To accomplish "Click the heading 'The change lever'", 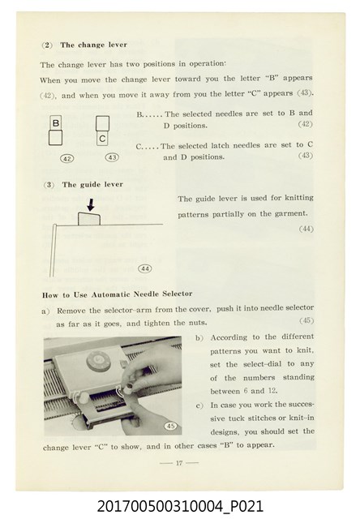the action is (93, 45).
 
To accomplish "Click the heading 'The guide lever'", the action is (92, 184).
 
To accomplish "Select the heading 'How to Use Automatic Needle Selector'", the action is (117, 294).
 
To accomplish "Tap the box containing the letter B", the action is (56, 123).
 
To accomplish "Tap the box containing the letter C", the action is (103, 139).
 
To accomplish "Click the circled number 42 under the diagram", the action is (66, 159).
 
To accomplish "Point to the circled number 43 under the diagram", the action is (112, 157).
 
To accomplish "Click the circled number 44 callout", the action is (145, 268).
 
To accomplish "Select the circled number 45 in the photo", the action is (171, 426).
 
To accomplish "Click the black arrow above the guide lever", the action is (91, 205).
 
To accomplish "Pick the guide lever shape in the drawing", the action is (89, 219).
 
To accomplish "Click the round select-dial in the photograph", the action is (98, 361).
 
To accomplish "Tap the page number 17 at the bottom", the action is (179, 463).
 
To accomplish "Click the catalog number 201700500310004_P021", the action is (180, 506).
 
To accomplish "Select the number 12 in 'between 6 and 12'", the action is (272, 391).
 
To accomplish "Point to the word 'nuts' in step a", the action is (198, 323).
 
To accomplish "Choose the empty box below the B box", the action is (55, 138).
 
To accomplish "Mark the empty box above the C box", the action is (103, 123).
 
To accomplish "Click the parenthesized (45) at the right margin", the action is (306, 320).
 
